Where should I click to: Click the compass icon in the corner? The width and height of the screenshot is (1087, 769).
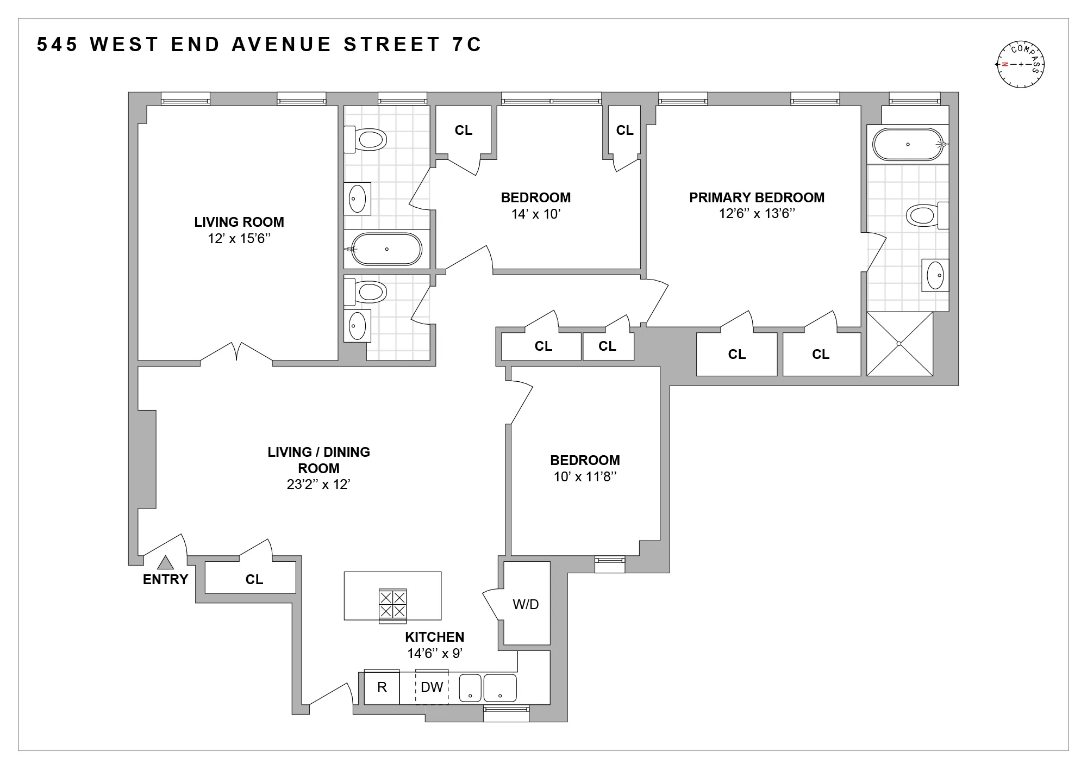point(1021,64)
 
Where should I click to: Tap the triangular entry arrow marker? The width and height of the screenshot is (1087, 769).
point(165,563)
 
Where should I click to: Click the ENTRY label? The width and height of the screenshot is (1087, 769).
point(165,580)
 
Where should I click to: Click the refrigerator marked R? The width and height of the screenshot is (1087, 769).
point(382,687)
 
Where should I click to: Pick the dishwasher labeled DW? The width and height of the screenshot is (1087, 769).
point(432,687)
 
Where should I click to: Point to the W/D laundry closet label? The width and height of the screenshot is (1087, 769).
point(526,604)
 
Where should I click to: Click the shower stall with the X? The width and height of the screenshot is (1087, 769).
point(899,344)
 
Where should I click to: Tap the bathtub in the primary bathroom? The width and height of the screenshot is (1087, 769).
point(908,144)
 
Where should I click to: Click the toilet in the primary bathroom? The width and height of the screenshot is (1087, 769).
point(926,215)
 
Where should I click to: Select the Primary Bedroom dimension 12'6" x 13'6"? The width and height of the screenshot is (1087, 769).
point(757,214)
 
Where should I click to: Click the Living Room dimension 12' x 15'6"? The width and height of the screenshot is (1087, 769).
point(239,239)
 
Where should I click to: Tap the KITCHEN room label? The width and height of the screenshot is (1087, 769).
point(434,637)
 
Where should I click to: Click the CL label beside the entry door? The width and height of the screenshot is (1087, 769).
point(254,580)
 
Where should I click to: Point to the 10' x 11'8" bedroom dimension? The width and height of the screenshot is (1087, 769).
point(585,477)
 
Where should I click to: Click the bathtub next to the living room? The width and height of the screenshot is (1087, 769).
point(386,249)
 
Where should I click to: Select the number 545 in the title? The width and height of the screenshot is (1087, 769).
point(58,45)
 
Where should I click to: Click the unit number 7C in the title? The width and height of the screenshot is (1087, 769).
point(466,45)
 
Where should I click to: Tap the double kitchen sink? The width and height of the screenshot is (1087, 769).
point(488,688)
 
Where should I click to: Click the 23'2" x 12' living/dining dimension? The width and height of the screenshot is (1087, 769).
point(318,485)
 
